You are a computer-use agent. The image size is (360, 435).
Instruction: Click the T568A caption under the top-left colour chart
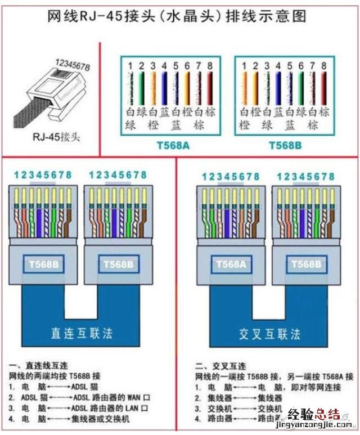point(173,145)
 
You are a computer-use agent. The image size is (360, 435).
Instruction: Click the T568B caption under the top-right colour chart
point(285,145)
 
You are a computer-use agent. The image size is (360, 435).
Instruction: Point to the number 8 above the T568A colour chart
point(210,66)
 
